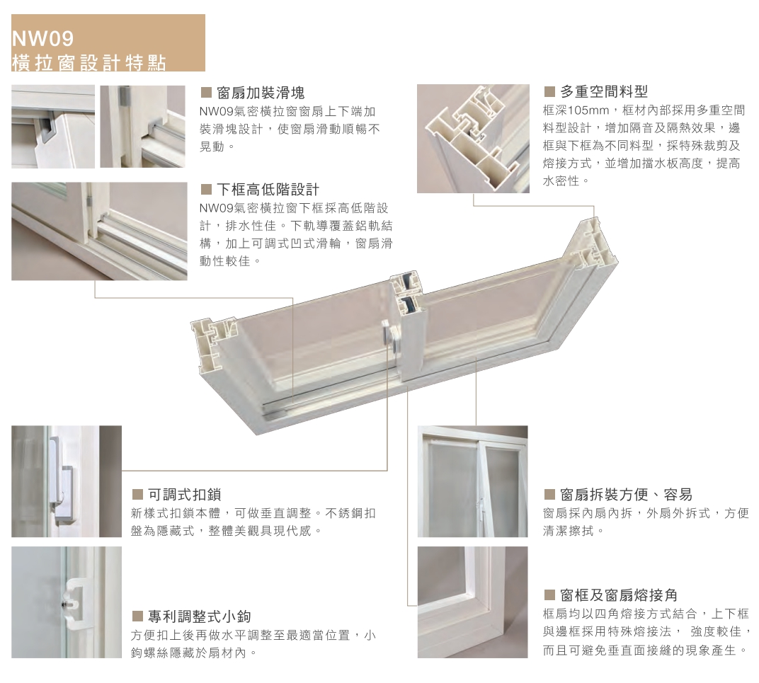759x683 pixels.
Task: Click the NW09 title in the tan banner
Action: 42,39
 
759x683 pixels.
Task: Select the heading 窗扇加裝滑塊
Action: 261,93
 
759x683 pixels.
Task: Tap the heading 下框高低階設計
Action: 268,189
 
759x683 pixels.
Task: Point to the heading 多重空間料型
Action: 604,91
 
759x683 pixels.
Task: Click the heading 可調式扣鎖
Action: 184,494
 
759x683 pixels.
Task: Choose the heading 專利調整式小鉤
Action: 200,616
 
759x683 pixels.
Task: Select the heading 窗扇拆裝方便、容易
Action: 626,494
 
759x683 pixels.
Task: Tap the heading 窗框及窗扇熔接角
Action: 619,595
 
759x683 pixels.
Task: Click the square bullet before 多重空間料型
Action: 549,91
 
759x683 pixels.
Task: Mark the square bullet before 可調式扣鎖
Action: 137,494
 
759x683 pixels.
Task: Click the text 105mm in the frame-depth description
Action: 588,110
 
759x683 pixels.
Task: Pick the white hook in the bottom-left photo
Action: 76,603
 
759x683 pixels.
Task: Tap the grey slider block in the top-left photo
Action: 47,129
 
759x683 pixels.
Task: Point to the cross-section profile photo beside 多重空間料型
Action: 473,139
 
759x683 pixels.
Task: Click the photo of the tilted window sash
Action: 472,481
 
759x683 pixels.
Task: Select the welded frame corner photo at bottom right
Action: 472,602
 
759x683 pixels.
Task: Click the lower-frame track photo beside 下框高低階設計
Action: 99,231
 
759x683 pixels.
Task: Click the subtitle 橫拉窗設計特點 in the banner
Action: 89,63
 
